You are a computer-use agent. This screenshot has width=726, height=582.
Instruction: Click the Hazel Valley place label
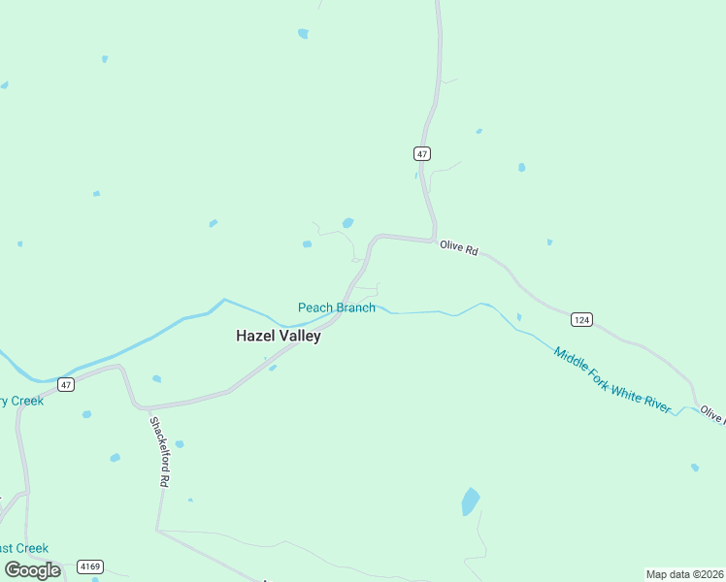[x=279, y=337]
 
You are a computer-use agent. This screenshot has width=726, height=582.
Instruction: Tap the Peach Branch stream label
[x=336, y=307]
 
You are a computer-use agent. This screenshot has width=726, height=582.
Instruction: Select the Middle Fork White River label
[x=611, y=379]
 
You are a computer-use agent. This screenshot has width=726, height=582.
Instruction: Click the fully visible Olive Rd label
[x=458, y=248]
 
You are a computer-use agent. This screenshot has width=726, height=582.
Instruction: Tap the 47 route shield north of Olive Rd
[x=421, y=153]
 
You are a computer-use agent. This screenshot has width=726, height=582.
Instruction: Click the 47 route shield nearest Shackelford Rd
[x=65, y=384]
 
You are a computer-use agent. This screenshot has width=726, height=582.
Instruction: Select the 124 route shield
[x=581, y=319]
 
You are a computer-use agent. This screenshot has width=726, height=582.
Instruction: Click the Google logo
[x=32, y=569]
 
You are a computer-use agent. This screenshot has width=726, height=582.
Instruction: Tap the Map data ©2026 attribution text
[x=684, y=574]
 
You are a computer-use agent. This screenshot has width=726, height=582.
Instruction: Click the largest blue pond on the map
[x=470, y=501]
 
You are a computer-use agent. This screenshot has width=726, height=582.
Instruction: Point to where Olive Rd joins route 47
[x=433, y=240]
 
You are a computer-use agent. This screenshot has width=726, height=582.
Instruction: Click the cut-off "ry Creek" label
[x=21, y=401]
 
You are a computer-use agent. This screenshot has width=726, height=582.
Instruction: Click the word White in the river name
[x=629, y=391]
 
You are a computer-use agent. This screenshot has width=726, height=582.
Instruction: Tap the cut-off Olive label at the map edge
[x=712, y=415]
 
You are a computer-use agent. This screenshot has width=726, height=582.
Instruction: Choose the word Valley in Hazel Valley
[x=299, y=337]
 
